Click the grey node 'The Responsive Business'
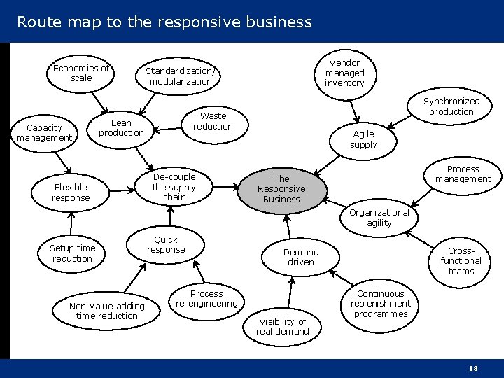(281, 189)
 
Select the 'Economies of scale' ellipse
(81, 73)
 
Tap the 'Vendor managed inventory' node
(344, 73)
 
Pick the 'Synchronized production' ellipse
(451, 106)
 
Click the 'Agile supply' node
(363, 139)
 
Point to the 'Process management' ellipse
(463, 174)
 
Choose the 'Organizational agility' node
(379, 218)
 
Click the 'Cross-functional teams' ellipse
(461, 261)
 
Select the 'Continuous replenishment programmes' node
(380, 304)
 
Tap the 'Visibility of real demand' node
(282, 326)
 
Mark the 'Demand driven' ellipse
(301, 257)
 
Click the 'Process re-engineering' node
(206, 299)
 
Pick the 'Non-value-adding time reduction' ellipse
(106, 311)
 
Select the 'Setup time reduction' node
(72, 253)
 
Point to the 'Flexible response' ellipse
(71, 192)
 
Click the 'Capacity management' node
(44, 133)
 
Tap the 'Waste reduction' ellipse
(213, 121)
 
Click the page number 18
(474, 367)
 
